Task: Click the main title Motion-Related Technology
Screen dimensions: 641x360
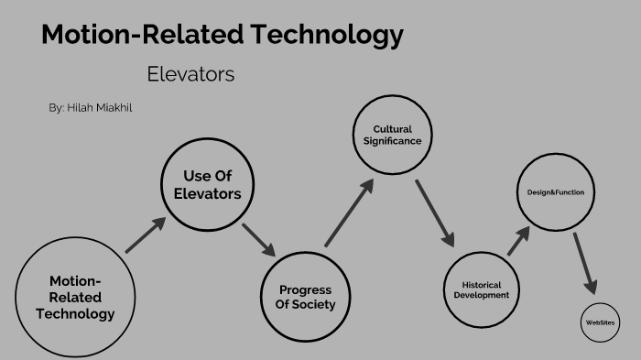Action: point(223,36)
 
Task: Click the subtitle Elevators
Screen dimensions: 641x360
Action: point(190,74)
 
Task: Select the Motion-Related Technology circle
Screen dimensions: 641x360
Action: point(75,297)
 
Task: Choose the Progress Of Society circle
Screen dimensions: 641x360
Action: point(306,296)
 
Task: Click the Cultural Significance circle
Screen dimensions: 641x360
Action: point(392,136)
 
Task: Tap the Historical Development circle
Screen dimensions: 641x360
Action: point(480,289)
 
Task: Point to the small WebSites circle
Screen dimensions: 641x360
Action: point(601,322)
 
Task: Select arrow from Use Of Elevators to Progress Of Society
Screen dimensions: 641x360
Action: point(259,238)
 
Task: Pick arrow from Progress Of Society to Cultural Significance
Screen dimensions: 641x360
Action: point(349,213)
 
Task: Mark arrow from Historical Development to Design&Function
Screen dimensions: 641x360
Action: point(518,240)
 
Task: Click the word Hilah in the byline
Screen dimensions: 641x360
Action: point(81,108)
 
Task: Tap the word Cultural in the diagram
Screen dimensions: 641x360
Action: point(393,129)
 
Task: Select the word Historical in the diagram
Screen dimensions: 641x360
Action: point(481,284)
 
